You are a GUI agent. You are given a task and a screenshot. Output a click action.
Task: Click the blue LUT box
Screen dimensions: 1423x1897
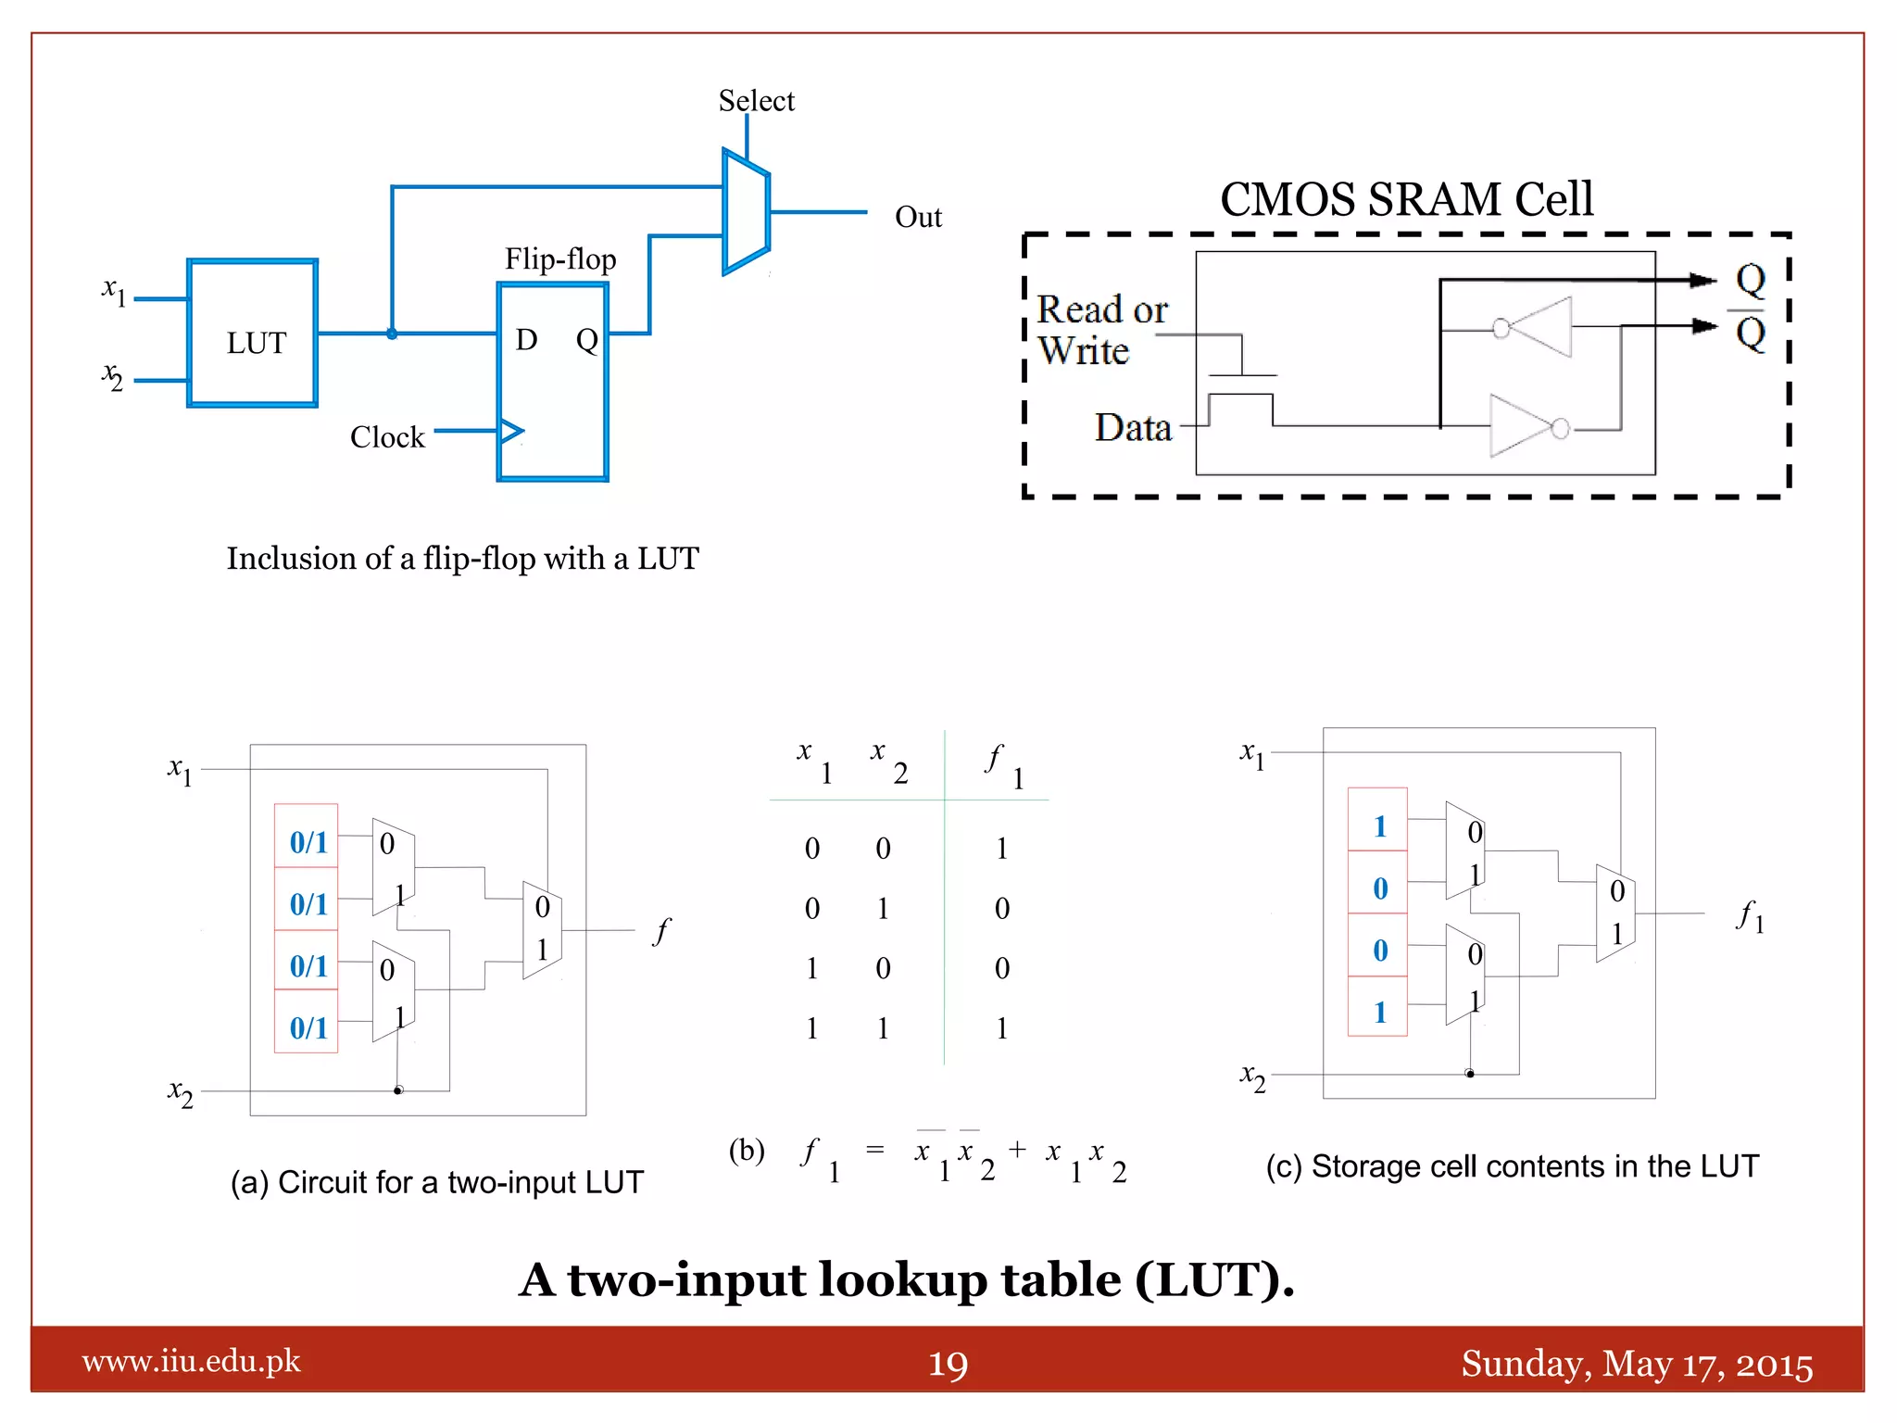(253, 334)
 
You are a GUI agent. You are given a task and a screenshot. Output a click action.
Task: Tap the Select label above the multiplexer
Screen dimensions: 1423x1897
(756, 100)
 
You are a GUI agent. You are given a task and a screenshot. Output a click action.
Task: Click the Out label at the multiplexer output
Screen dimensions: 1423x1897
(917, 217)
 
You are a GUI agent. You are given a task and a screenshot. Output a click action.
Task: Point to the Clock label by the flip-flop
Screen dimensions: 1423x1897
(387, 436)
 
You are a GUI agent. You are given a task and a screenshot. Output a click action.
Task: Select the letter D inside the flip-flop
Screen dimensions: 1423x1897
(526, 340)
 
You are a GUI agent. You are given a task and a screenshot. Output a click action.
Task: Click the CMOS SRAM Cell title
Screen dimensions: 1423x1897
(1406, 199)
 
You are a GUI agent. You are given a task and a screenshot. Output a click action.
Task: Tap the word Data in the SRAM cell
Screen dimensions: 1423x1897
(1133, 428)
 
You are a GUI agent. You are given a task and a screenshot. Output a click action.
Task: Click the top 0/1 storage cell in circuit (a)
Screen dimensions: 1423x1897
(308, 842)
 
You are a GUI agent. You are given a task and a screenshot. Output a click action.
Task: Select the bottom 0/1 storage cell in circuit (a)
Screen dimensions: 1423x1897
(308, 1027)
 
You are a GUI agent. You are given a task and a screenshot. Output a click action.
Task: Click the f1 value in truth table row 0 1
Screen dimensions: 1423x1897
(1001, 908)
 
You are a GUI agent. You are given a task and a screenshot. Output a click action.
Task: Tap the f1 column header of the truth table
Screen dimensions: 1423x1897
(1002, 764)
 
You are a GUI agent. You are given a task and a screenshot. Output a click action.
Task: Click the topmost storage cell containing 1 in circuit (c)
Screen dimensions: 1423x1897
(1378, 825)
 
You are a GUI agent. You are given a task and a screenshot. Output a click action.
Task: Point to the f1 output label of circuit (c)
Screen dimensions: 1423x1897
(1749, 916)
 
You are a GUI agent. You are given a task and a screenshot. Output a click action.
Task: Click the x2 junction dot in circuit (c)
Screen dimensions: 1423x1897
(1470, 1074)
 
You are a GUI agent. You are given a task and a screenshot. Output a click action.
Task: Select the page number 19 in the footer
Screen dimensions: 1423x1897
(948, 1364)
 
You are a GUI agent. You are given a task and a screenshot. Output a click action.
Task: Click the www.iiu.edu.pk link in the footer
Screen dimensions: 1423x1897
(191, 1361)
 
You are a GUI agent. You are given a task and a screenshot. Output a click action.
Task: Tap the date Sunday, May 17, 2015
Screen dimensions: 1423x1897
(1637, 1364)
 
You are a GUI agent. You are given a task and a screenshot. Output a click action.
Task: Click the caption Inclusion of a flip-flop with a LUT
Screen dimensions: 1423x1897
(462, 559)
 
